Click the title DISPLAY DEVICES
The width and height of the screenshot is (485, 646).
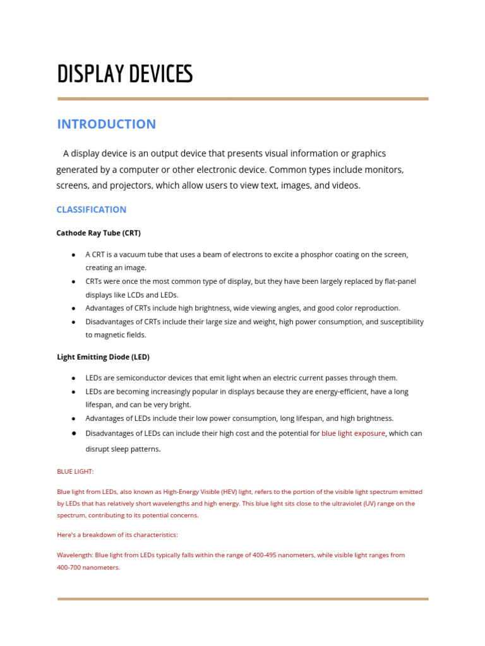(124, 74)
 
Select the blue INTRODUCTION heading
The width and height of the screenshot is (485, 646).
(106, 124)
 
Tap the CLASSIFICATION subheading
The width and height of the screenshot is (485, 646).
(91, 209)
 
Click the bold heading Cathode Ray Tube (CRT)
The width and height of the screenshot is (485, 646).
(98, 233)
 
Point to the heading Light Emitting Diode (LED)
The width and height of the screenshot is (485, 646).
(103, 357)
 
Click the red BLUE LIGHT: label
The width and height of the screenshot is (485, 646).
(75, 471)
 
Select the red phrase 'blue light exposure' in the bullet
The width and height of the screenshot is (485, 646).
(353, 433)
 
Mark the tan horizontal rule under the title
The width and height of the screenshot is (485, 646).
(242, 99)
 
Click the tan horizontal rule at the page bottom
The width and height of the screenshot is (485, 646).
(242, 599)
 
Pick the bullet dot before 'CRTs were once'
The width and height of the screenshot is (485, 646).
(73, 281)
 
